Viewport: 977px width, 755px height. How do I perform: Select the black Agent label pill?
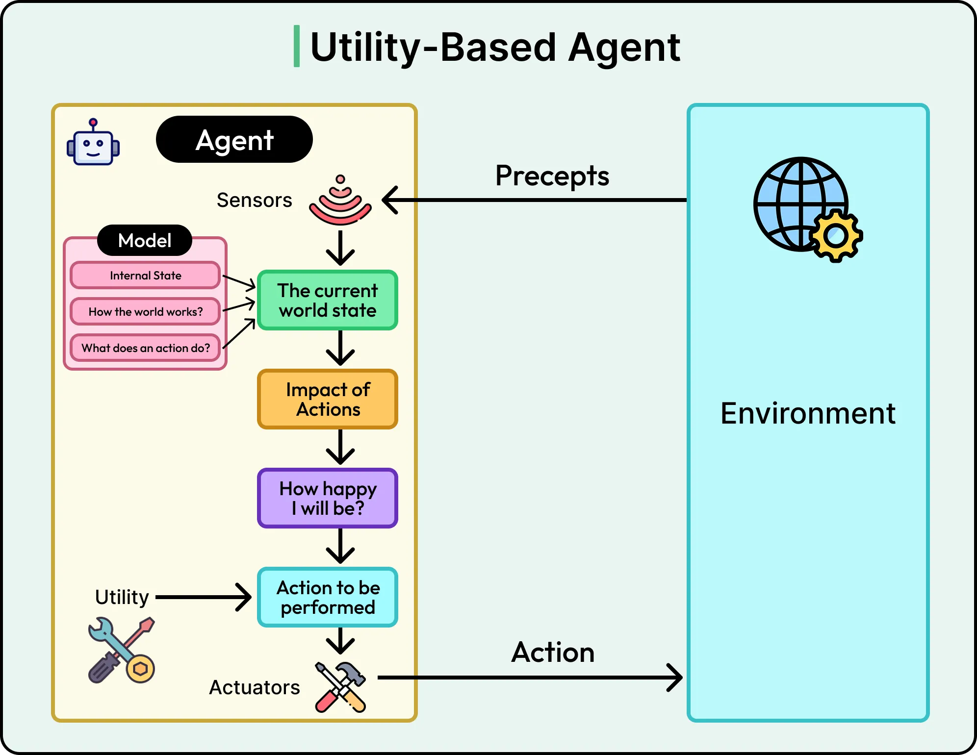click(x=234, y=140)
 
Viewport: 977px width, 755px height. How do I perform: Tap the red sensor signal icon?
click(x=340, y=201)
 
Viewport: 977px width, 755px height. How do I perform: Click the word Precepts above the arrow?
click(x=552, y=176)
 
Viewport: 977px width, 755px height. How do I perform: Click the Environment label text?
click(x=808, y=413)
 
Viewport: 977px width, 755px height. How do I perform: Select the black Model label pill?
click(x=145, y=240)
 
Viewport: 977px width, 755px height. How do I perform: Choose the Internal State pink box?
click(x=145, y=276)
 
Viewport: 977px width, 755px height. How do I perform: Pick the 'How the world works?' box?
click(x=145, y=312)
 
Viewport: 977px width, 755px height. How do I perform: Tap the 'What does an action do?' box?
click(x=145, y=348)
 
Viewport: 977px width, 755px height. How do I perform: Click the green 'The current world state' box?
click(x=328, y=300)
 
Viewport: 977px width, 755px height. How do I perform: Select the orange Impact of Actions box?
click(x=328, y=399)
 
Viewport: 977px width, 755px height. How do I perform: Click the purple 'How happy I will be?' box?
click(x=328, y=498)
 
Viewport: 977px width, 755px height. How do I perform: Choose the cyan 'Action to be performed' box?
click(x=328, y=597)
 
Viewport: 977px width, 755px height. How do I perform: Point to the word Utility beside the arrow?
click(x=122, y=597)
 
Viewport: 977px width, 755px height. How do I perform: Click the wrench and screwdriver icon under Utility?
click(x=122, y=650)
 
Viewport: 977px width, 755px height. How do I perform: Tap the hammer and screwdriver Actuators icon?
click(x=341, y=686)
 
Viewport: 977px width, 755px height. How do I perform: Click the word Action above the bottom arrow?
click(x=553, y=652)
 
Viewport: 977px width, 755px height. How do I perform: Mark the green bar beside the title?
click(x=296, y=46)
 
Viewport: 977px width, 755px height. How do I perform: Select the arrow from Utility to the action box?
click(x=203, y=597)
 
